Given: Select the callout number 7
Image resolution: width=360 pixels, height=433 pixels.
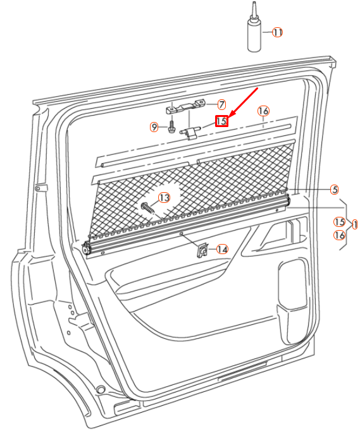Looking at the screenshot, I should [221, 104].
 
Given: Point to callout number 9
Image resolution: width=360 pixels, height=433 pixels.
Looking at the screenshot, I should [154, 127].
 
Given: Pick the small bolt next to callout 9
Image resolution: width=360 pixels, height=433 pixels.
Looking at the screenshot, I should [171, 128].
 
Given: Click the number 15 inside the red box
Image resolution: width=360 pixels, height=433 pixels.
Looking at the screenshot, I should [221, 121].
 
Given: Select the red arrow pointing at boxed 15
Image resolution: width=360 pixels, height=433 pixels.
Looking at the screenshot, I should [244, 102].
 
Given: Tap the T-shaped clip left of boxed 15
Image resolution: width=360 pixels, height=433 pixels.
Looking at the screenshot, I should [190, 131].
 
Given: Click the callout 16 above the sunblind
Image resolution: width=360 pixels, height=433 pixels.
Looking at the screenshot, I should [263, 111].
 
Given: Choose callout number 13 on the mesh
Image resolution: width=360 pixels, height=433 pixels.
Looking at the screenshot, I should [164, 198].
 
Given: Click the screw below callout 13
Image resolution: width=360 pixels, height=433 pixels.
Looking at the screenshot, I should [149, 209].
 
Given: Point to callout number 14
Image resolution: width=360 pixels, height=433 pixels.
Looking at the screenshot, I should [222, 249].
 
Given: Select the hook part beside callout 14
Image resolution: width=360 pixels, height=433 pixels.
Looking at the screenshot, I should [203, 250].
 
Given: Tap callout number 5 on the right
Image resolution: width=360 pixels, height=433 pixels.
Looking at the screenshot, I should [334, 189].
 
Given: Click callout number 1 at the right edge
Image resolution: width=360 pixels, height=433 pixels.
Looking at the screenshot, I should [354, 224].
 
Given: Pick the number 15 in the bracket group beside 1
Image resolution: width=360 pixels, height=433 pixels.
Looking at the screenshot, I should [340, 222].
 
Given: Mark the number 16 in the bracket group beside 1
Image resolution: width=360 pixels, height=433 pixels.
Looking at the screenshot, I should [340, 235].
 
